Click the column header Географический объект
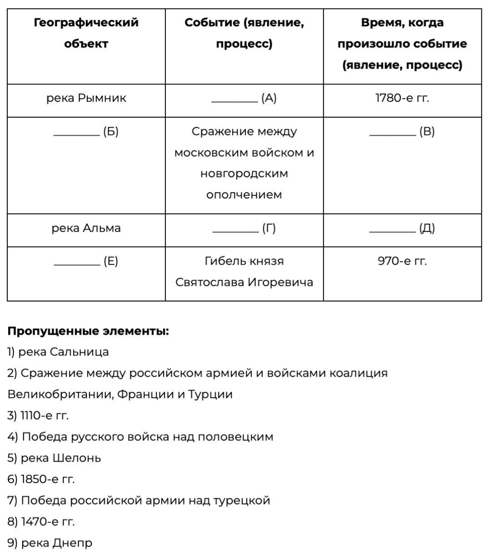[86, 33]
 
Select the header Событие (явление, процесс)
[244, 33]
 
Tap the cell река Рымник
[86, 99]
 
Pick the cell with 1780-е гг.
[402, 99]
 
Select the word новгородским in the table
[244, 174]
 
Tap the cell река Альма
[86, 228]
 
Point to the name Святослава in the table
[210, 282]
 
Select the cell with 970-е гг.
[402, 262]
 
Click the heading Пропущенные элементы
[88, 331]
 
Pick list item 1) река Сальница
[58, 352]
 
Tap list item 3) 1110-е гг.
[38, 415]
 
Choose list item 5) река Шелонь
[55, 458]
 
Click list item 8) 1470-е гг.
[41, 522]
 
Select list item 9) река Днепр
[50, 543]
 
